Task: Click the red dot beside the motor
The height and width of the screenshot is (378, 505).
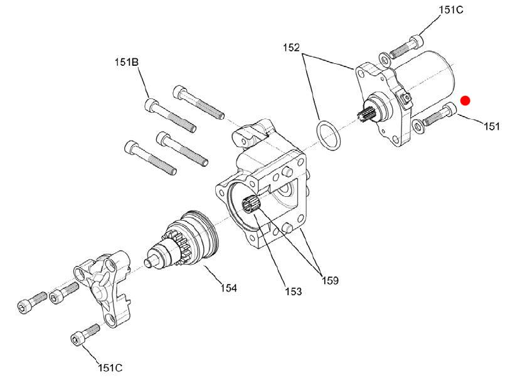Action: pyautogui.click(x=465, y=101)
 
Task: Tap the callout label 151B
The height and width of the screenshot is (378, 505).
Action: pyautogui.click(x=127, y=62)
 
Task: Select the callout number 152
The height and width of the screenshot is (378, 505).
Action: pyautogui.click(x=291, y=48)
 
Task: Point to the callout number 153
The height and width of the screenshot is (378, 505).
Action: pyautogui.click(x=294, y=291)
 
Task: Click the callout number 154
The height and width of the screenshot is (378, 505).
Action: pyautogui.click(x=229, y=288)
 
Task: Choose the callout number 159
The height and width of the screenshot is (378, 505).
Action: pyautogui.click(x=331, y=280)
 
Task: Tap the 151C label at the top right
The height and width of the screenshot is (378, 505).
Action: pyautogui.click(x=451, y=10)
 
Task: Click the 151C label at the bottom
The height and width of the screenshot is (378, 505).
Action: pyautogui.click(x=110, y=367)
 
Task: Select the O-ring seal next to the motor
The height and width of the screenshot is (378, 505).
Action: pyautogui.click(x=329, y=135)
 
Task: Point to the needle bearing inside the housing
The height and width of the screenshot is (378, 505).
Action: pyautogui.click(x=251, y=205)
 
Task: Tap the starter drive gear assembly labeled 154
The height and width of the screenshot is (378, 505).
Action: pyautogui.click(x=182, y=239)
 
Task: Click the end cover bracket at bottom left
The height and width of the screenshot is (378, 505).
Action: pyautogui.click(x=103, y=286)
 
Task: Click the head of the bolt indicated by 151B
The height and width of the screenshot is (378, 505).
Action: pyautogui.click(x=151, y=105)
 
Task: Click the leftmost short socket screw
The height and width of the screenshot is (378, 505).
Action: pyautogui.click(x=32, y=301)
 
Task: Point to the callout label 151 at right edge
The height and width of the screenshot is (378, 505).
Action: pyautogui.click(x=492, y=126)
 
